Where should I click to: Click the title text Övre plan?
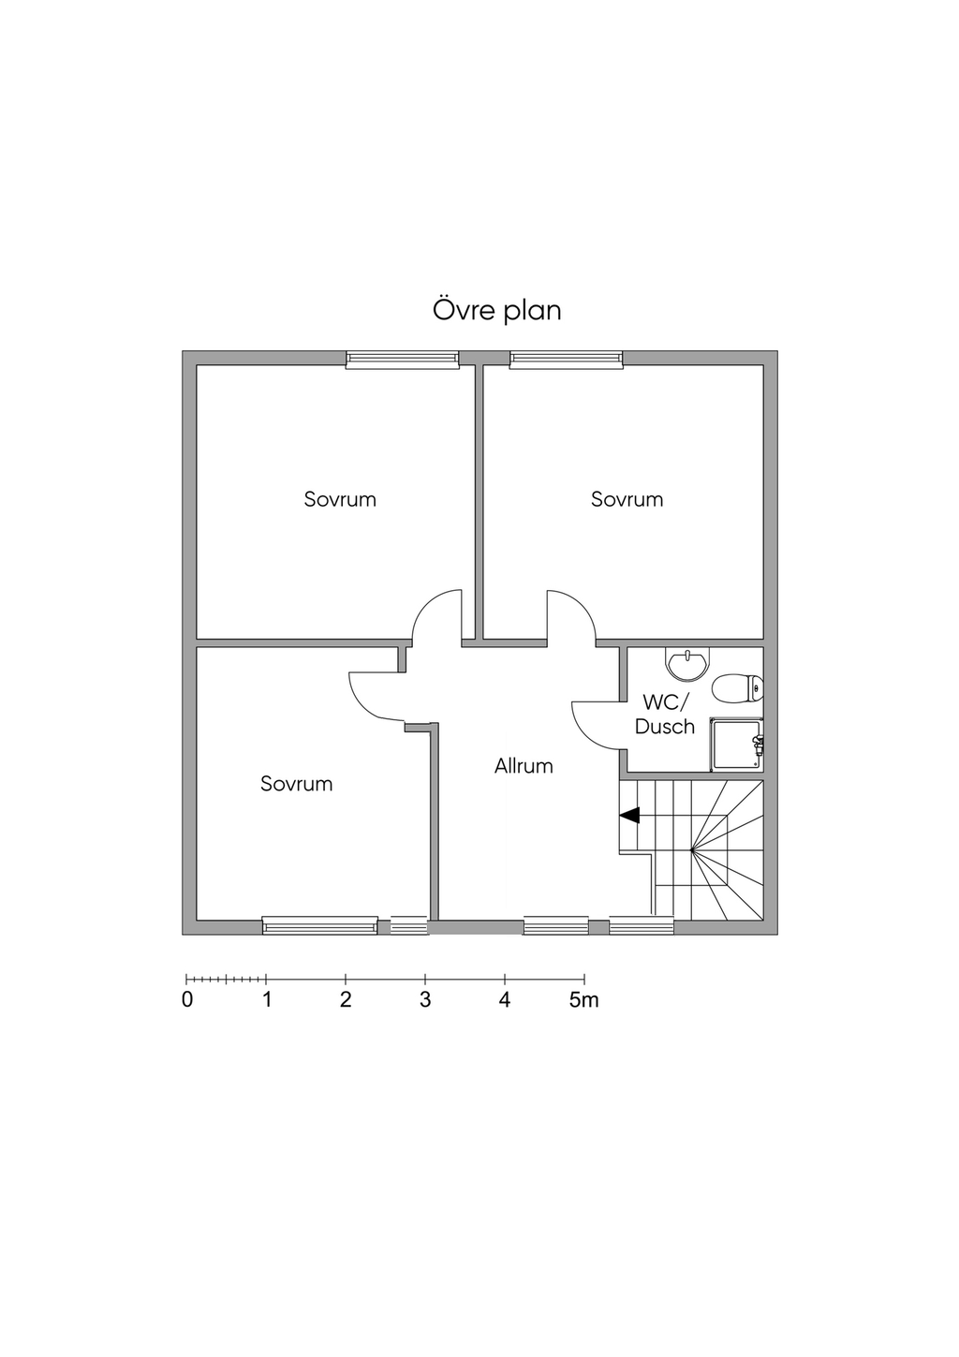pyautogui.click(x=496, y=310)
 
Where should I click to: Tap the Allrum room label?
pyautogui.click(x=524, y=766)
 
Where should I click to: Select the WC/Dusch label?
pyautogui.click(x=665, y=715)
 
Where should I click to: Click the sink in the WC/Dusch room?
pyautogui.click(x=686, y=663)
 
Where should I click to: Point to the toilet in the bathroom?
pyautogui.click(x=738, y=688)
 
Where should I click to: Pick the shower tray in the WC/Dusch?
pyautogui.click(x=737, y=745)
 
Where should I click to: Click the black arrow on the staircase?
pyautogui.click(x=629, y=816)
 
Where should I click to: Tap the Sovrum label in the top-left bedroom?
pyautogui.click(x=340, y=500)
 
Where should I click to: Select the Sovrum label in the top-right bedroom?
pyautogui.click(x=627, y=500)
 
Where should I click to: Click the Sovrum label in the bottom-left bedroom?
pyautogui.click(x=296, y=785)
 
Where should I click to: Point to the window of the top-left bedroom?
pyautogui.click(x=403, y=360)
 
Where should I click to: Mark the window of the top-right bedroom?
pyautogui.click(x=567, y=360)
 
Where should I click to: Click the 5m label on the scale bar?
pyautogui.click(x=583, y=1000)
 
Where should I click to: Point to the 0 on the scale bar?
pyautogui.click(x=187, y=1000)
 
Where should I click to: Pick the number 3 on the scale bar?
pyautogui.click(x=424, y=1000)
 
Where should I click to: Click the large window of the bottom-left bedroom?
pyautogui.click(x=320, y=925)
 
